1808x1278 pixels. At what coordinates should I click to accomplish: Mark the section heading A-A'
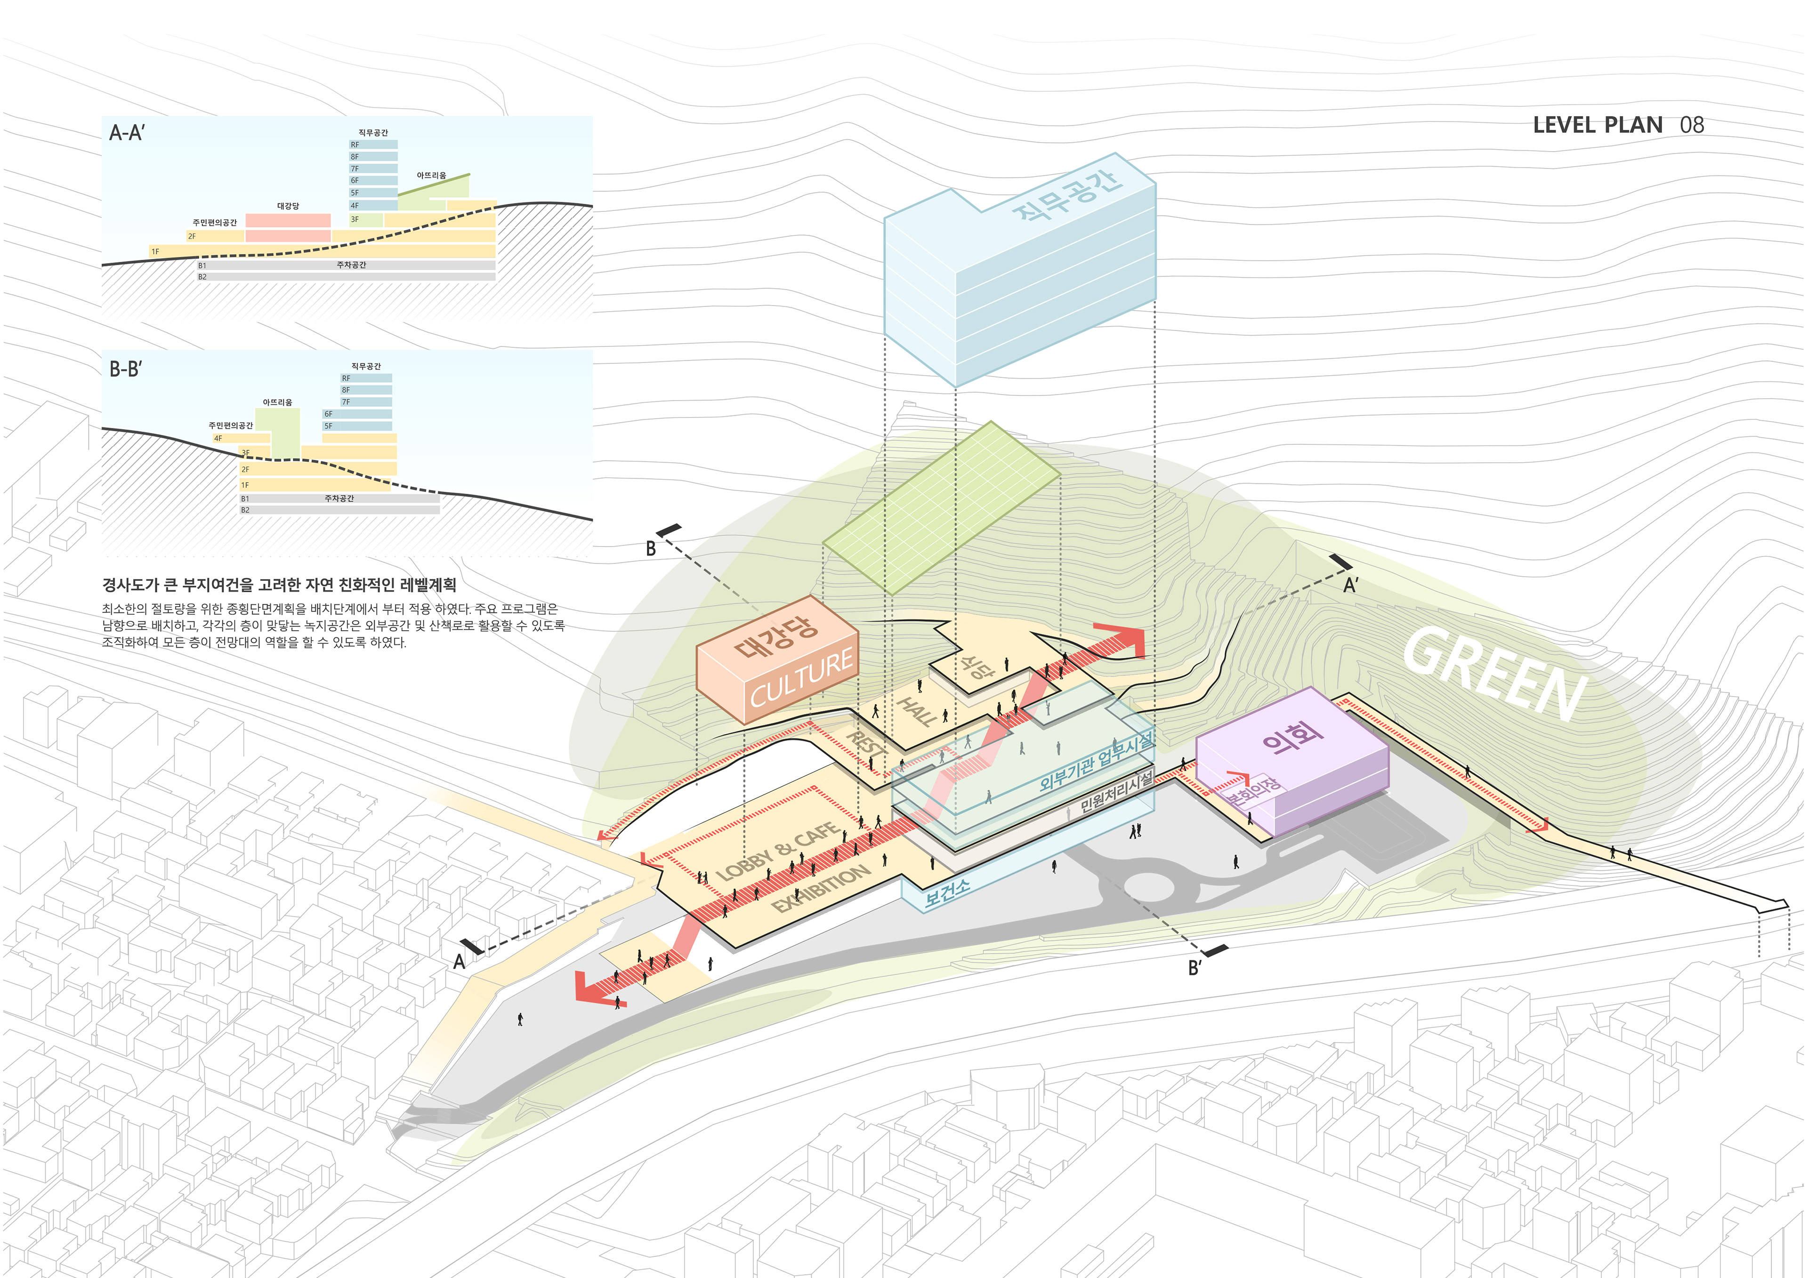pyautogui.click(x=127, y=133)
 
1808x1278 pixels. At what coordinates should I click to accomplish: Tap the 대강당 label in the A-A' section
pyautogui.click(x=288, y=206)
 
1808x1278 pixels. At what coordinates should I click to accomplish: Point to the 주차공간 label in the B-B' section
pyautogui.click(x=339, y=498)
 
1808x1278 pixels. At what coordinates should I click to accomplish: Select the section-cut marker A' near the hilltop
pyautogui.click(x=1350, y=585)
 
